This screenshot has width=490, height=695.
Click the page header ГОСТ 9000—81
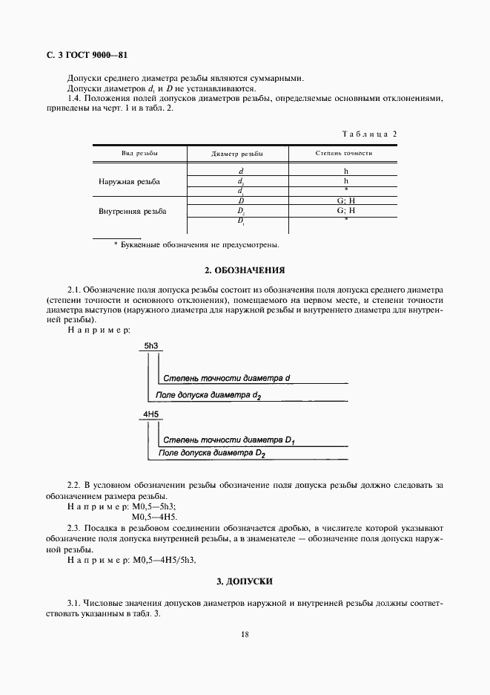point(83,55)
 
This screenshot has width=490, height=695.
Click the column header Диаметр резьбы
point(237,154)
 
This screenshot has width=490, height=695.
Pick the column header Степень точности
point(344,154)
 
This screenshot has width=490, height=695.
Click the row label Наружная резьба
point(129,181)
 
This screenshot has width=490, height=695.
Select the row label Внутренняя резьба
point(132,211)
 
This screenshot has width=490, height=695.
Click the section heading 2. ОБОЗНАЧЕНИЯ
point(245,270)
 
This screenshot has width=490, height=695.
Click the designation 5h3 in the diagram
point(152,346)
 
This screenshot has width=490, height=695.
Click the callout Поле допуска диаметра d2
point(208,397)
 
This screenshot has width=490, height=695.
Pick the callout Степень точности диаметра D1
point(228,440)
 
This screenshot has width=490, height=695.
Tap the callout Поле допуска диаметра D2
point(212,453)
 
